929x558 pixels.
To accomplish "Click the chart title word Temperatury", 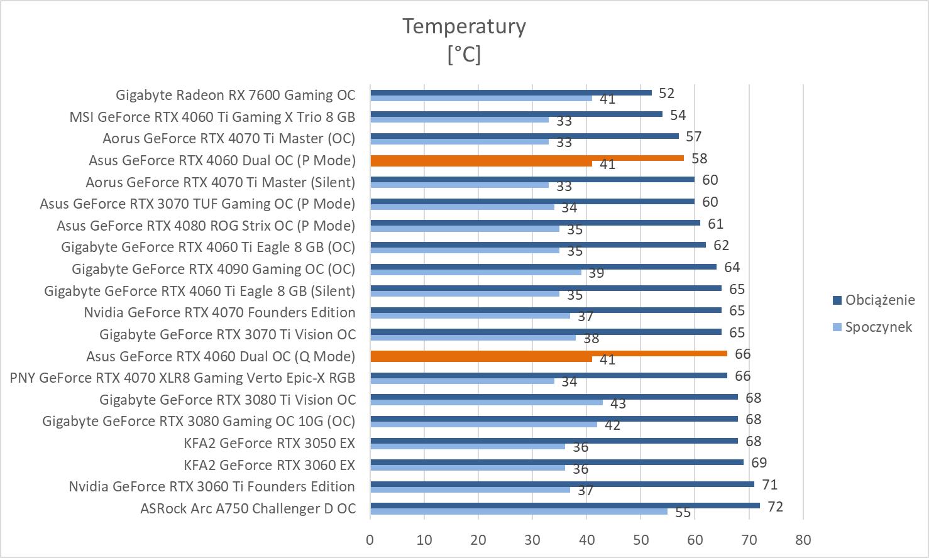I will [464, 26].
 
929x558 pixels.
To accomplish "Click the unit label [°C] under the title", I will [464, 55].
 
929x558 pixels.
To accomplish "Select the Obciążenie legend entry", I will [879, 300].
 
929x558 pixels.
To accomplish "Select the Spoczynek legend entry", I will [877, 327].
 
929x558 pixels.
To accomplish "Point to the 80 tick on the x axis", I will [803, 540].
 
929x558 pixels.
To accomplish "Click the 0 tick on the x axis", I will [370, 540].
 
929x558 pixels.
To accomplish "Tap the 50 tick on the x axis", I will [640, 540].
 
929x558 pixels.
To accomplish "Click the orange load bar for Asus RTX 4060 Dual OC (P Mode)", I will [527, 158].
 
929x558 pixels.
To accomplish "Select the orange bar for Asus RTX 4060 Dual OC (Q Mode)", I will [548, 354].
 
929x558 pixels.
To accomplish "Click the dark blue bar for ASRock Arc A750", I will [564, 506].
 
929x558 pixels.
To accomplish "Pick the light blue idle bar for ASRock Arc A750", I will [519, 511].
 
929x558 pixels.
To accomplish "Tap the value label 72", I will [775, 506].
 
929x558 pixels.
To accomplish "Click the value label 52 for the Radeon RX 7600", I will [666, 94].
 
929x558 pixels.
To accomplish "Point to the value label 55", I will [683, 513].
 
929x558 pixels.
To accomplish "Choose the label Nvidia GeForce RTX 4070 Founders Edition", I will [219, 313].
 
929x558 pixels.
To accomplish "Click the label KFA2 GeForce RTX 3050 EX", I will [269, 443].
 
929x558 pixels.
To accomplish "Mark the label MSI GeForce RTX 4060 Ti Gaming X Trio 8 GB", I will [212, 117].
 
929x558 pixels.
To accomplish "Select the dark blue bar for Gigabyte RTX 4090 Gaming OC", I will [543, 266].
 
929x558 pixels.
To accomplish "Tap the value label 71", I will [769, 484].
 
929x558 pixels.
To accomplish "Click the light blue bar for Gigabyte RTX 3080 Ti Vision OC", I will [486, 403].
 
